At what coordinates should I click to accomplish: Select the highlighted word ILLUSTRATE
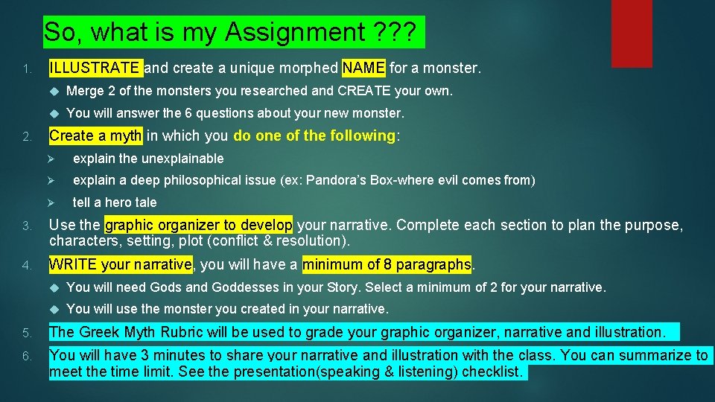pos(94,68)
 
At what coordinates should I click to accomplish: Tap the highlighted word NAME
pos(363,68)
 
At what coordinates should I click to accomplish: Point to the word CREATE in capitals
pos(363,91)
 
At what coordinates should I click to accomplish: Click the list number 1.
pos(27,70)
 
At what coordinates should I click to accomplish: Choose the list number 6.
pos(27,357)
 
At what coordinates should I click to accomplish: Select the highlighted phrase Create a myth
pos(95,135)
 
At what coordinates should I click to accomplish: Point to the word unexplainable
pos(181,159)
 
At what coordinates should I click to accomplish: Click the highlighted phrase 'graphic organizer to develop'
pos(200,226)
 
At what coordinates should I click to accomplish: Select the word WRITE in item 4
pos(71,264)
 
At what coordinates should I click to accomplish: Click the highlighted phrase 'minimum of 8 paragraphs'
pos(387,264)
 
